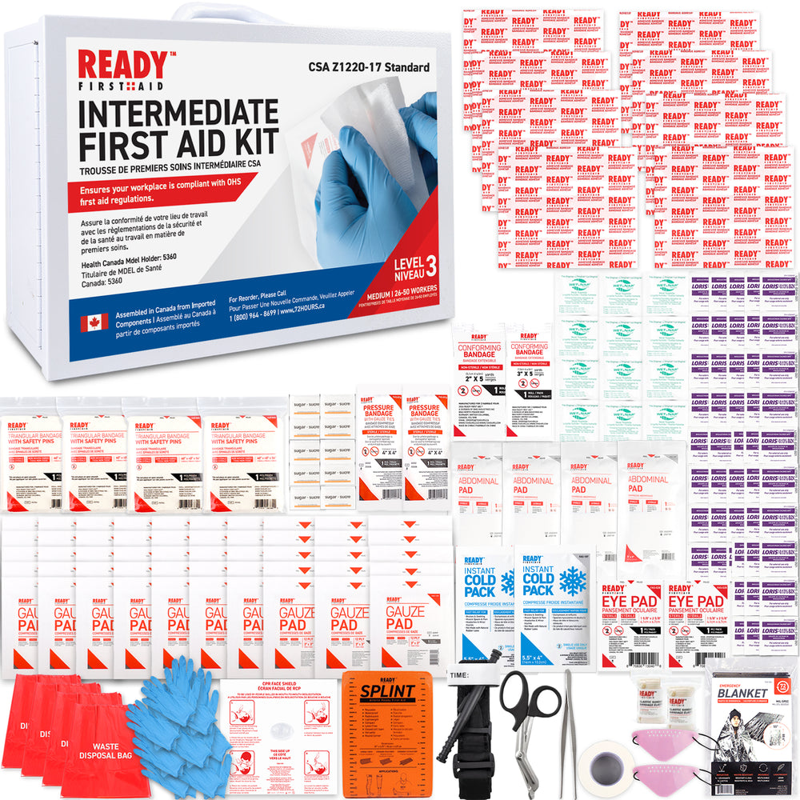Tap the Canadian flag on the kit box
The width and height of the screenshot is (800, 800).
(x=94, y=322)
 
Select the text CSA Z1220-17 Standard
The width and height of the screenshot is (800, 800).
(x=368, y=67)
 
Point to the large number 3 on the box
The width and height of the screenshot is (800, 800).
(x=430, y=264)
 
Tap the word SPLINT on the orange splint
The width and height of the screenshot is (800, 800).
(x=386, y=690)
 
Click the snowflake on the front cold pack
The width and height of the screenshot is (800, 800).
(x=572, y=580)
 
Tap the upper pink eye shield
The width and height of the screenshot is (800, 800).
(x=661, y=734)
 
